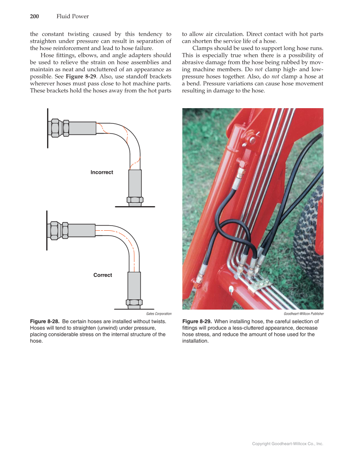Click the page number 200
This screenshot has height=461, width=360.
(34, 17)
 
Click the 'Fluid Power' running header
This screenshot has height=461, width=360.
(73, 17)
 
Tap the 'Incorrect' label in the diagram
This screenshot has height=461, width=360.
(102, 172)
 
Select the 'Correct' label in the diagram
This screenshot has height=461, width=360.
(103, 275)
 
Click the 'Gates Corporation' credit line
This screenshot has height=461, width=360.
(159, 314)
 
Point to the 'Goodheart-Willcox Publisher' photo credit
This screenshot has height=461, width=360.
(304, 314)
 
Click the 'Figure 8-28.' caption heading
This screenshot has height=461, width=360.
(45, 321)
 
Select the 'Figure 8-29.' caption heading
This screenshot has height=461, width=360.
(197, 321)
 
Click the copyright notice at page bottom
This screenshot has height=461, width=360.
(287, 444)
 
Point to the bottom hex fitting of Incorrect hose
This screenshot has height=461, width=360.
(135, 200)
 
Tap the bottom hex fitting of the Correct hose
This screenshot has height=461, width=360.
(134, 302)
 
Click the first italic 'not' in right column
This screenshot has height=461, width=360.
(258, 70)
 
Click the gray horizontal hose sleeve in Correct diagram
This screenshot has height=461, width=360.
(81, 230)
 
